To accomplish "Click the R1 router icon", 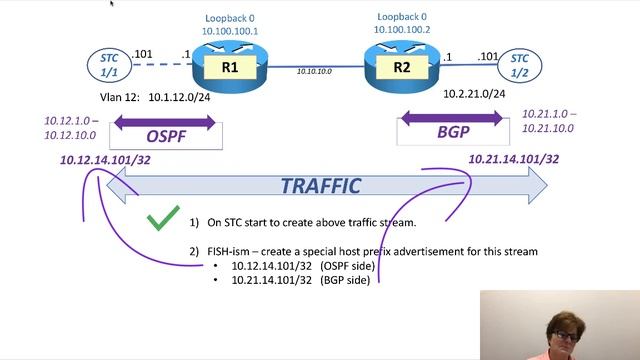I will point(230,67).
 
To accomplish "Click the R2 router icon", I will point(401,67).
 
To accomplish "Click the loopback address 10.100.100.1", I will point(230,31).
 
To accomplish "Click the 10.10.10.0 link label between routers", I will point(316,71).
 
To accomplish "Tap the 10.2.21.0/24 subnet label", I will point(473,94).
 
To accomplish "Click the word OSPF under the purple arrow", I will point(166,137).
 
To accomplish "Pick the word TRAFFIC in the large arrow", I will point(320,186).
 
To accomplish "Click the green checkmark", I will point(163,220).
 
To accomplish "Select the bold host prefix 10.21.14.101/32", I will point(513,159).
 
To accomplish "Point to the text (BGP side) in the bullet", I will point(345,281).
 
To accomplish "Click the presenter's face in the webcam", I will point(560,325).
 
